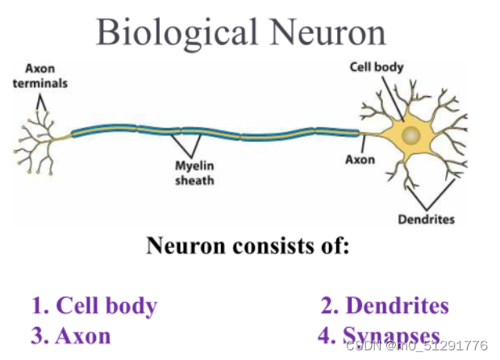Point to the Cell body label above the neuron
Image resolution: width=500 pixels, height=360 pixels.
pos(376,67)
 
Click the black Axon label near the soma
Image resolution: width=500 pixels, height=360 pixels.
pos(360,160)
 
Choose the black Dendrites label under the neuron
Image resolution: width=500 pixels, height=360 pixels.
pos(427,219)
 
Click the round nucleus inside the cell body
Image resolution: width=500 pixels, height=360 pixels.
pos(411,135)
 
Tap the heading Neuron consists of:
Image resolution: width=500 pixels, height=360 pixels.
pos(248,245)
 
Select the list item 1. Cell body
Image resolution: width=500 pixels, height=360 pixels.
pos(94,307)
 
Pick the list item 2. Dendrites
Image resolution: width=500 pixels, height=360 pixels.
pos(385,306)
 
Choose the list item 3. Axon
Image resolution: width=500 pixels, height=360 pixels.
pos(71,336)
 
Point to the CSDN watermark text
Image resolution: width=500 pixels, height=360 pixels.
pos(416,345)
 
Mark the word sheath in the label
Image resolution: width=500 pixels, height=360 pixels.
pos(195,181)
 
